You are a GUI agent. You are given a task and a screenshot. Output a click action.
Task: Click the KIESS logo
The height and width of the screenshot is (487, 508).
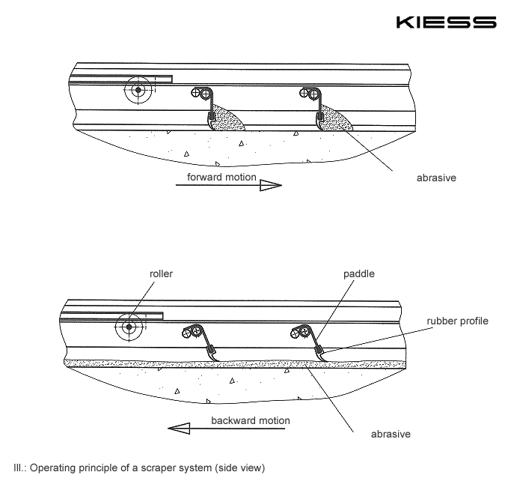click(x=446, y=22)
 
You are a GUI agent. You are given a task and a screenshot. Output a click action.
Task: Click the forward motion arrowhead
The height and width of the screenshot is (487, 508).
click(x=270, y=185)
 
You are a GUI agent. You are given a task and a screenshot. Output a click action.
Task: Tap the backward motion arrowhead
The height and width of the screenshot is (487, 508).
click(x=178, y=428)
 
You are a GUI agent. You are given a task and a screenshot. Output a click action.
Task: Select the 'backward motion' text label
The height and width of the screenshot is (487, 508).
click(x=249, y=420)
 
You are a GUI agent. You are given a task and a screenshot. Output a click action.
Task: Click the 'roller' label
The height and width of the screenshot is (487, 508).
click(x=161, y=274)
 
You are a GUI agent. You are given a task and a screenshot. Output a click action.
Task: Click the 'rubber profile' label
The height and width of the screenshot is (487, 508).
click(x=457, y=321)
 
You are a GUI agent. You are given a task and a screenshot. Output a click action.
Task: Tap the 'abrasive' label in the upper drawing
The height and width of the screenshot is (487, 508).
click(x=436, y=179)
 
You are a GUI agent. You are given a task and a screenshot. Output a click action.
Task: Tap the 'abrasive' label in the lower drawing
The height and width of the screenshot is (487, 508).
click(x=391, y=433)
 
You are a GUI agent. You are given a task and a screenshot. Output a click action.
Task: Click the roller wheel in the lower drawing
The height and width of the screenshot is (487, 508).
click(x=130, y=327)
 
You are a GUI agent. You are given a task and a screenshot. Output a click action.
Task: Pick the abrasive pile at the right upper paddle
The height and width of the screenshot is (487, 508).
click(x=334, y=119)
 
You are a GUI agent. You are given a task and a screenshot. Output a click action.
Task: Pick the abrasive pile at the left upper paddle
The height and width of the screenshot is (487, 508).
click(x=225, y=119)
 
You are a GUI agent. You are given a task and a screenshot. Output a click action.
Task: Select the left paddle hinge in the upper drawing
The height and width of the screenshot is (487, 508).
click(x=200, y=93)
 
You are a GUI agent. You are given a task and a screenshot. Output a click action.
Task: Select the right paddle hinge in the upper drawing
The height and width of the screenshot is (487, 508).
click(x=308, y=93)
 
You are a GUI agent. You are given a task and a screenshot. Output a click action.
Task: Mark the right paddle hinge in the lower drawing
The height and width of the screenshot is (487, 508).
click(x=302, y=330)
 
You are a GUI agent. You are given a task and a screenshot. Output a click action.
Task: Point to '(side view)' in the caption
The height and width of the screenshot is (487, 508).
click(x=239, y=469)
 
